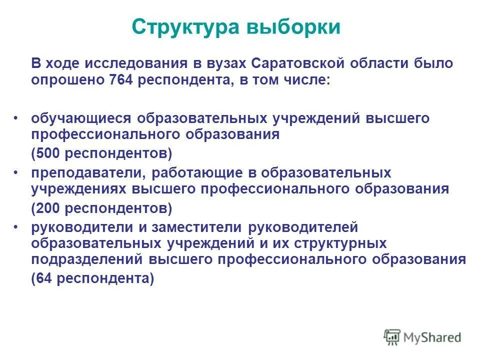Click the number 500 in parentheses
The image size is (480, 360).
48,152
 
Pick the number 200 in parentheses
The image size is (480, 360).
48,206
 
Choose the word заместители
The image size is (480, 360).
195,227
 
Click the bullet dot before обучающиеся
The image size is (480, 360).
16,118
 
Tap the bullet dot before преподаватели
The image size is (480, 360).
16,172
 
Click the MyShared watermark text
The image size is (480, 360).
433,337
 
